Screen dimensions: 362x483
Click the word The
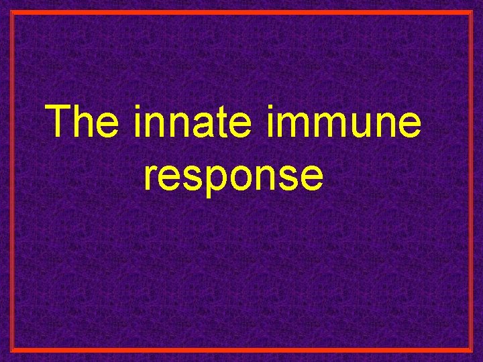[x=84, y=121]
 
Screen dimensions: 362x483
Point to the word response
[x=233, y=176]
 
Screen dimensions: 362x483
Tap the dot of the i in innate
[x=138, y=108]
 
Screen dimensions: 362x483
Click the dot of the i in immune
[x=271, y=108]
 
